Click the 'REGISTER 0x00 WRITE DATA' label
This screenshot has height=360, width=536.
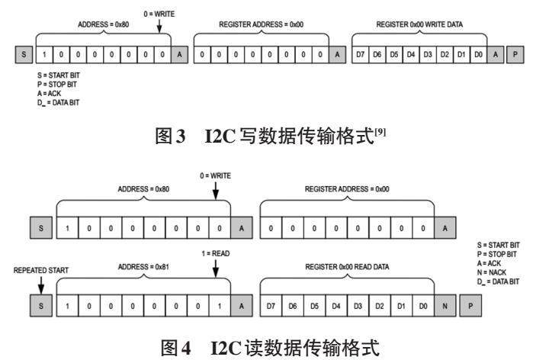419,24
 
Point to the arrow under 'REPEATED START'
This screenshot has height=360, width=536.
40,281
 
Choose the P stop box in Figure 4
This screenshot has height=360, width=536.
471,305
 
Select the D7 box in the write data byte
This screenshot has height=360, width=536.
361,56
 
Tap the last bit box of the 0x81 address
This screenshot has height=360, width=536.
220,305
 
